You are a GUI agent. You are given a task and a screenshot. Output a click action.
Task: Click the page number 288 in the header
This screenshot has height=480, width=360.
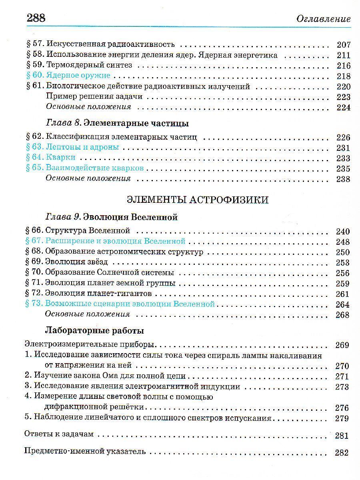pos(36,18)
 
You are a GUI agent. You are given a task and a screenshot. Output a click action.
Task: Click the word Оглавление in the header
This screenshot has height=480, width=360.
pos(324,19)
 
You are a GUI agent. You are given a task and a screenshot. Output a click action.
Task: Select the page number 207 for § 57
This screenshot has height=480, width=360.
pos(343,45)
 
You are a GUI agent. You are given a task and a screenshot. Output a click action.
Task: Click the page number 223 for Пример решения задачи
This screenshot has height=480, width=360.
pos(343,97)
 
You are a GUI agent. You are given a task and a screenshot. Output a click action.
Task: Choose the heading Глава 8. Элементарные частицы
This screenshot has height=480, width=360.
pos(117,123)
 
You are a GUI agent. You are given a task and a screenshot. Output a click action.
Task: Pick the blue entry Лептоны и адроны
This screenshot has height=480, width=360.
pos(82,147)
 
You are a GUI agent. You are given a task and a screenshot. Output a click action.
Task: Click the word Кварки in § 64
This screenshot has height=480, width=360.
pos(61,158)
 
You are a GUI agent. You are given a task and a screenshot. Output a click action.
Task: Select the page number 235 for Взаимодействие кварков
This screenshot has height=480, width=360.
pos(343,168)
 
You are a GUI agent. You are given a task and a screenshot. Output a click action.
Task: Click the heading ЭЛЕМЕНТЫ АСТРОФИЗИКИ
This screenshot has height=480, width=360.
pos(197,200)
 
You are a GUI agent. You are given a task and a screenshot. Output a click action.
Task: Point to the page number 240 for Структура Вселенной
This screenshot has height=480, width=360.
pos(343,231)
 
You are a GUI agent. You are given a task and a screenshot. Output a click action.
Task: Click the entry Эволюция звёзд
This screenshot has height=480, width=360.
pos(76,262)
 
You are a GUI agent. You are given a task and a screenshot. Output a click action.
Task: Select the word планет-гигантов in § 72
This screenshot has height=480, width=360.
pos(118,294)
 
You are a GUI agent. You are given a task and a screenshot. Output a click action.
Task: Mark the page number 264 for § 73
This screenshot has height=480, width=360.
pos(343,304)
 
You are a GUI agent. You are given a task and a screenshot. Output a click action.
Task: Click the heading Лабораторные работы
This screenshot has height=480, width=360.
pos(94,331)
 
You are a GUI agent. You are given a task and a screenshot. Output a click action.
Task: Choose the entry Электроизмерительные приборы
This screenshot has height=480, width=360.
pos(90,345)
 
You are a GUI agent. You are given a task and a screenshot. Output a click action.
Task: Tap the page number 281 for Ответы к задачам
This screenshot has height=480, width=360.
pos(342,436)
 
